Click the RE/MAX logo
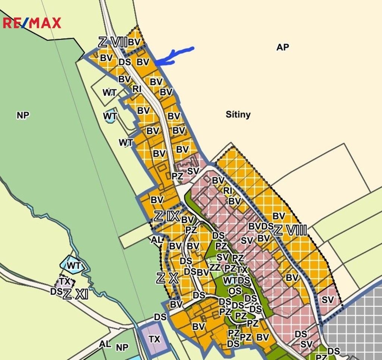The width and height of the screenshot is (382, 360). pyautogui.click(x=32, y=23)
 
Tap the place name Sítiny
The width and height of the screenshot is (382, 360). pyautogui.click(x=238, y=114)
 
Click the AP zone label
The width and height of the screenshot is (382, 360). pyautogui.click(x=283, y=47)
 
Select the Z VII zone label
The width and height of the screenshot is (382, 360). pyautogui.click(x=113, y=42)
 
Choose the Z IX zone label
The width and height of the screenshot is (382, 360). pyautogui.click(x=167, y=216)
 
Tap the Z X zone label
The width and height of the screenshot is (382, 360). pyautogui.click(x=167, y=277)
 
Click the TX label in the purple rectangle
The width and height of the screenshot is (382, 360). pyautogui.click(x=154, y=339)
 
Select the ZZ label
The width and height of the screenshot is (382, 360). pyautogui.click(x=215, y=267)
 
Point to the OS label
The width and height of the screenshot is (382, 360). pyautogui.click(x=235, y=291)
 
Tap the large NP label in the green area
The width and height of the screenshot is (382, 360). pyautogui.click(x=23, y=115)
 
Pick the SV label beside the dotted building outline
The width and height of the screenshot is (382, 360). pyautogui.click(x=193, y=171)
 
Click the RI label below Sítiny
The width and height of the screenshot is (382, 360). pyautogui.click(x=228, y=191)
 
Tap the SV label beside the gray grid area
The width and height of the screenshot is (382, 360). pyautogui.click(x=328, y=300)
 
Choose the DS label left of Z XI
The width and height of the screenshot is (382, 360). pyautogui.click(x=56, y=292)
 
